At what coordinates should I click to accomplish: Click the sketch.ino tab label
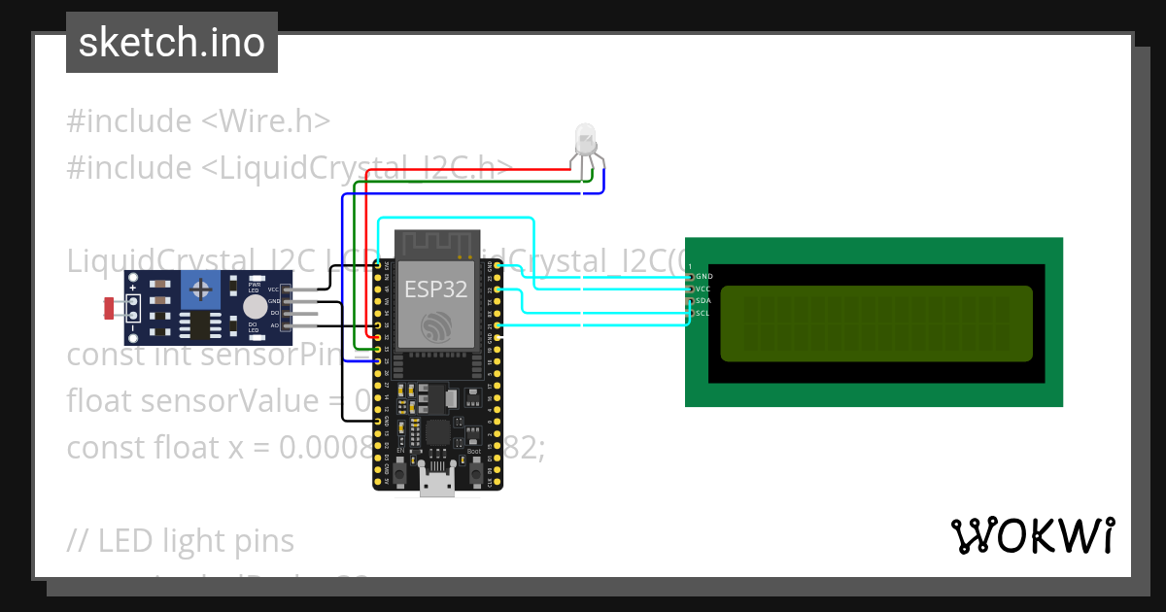click(171, 43)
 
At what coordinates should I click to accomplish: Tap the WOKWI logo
click(1031, 535)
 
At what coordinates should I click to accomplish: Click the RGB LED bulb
click(585, 140)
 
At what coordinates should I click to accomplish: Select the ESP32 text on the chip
click(436, 288)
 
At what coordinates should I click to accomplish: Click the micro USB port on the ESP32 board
click(436, 483)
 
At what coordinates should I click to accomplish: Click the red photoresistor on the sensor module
click(111, 308)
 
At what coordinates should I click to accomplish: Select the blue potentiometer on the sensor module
click(201, 289)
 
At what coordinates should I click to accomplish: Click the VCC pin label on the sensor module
click(274, 289)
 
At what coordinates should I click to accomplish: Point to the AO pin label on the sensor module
click(274, 325)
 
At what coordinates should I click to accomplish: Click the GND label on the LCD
click(703, 277)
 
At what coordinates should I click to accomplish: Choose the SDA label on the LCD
click(703, 301)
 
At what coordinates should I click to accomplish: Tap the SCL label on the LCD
click(703, 314)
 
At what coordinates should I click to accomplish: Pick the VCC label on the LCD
click(703, 289)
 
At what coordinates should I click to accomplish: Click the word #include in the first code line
click(129, 121)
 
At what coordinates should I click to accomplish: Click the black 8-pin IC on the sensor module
click(201, 325)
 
